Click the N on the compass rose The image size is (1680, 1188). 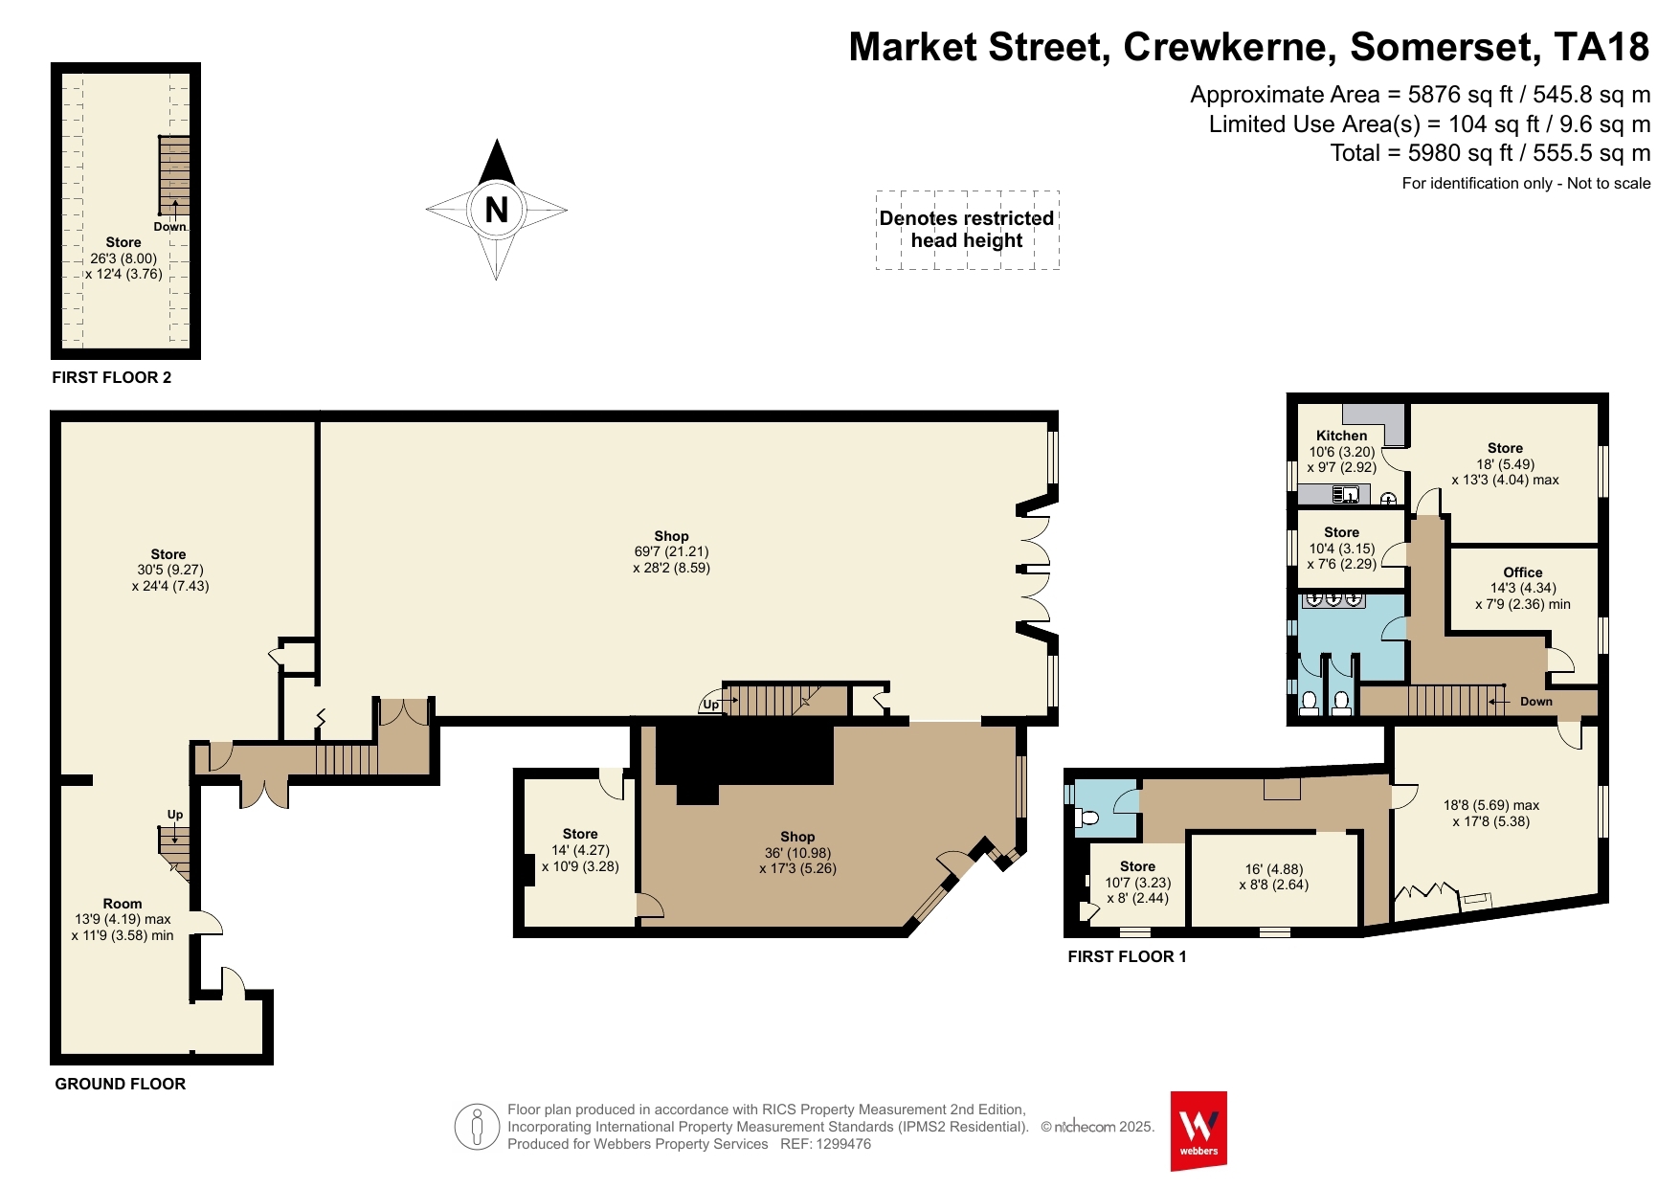496,210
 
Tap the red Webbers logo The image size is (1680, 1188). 1198,1131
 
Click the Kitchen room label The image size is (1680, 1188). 1341,436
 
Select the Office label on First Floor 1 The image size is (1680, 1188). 1522,572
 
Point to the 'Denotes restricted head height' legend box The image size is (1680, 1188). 967,230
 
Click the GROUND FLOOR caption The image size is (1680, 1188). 121,1084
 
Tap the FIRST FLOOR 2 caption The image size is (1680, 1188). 112,377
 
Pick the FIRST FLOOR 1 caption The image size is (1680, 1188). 1127,956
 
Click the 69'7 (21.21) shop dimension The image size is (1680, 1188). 671,551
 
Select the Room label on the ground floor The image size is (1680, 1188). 123,904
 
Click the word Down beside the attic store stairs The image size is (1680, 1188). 169,227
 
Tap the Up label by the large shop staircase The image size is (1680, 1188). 710,705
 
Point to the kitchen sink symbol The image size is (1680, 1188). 1346,495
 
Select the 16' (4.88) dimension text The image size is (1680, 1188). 1273,869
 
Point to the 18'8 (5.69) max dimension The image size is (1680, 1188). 1491,805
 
